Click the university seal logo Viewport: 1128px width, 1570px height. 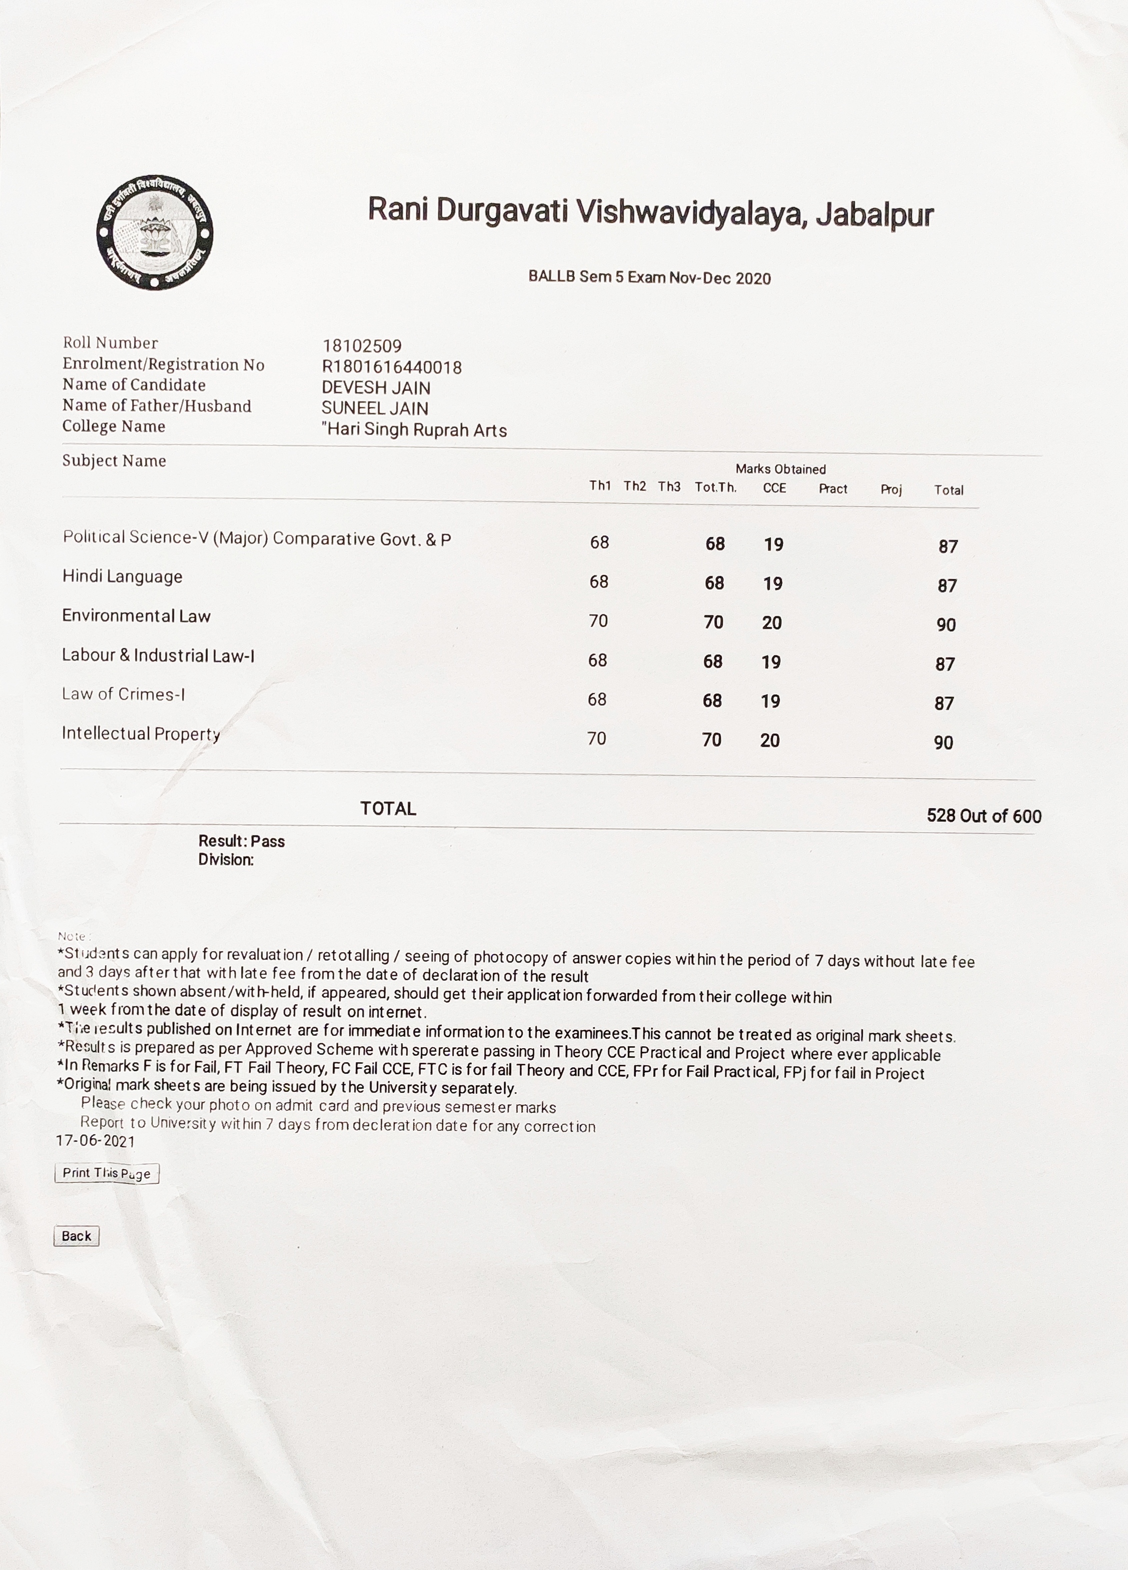[x=155, y=233]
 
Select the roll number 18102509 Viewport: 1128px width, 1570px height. [x=362, y=345]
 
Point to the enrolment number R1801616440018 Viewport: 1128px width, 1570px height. [x=392, y=367]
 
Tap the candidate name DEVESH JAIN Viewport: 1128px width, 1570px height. [x=376, y=388]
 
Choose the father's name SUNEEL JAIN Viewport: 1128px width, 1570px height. [x=374, y=408]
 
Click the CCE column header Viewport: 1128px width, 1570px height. [x=774, y=488]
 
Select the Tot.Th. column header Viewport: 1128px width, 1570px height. [x=715, y=487]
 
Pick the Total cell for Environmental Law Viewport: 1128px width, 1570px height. [x=946, y=624]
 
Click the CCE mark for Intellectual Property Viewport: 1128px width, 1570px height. [x=769, y=740]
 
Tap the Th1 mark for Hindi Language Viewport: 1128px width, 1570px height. [x=599, y=581]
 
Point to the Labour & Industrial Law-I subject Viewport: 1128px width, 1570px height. [x=158, y=655]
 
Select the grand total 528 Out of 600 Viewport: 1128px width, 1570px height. [x=983, y=816]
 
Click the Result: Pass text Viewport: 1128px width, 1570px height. [x=242, y=841]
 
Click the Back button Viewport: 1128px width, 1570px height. [x=76, y=1236]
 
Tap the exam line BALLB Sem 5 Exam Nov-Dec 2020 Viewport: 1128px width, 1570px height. [x=649, y=278]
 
